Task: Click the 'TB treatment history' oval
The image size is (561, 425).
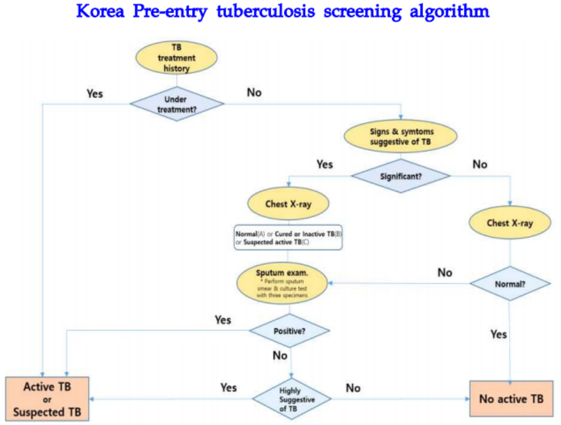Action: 176,57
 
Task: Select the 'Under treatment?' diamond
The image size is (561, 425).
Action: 176,104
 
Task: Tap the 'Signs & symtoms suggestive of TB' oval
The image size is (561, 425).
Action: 401,137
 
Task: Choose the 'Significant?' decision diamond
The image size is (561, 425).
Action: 401,175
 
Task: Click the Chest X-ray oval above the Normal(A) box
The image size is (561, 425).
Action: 288,204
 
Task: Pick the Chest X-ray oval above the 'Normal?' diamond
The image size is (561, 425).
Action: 510,223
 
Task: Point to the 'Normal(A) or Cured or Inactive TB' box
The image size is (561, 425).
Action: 288,238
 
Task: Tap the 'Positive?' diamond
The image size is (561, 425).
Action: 289,331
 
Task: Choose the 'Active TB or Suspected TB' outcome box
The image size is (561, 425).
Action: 48,399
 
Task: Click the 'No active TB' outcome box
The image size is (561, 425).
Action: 511,399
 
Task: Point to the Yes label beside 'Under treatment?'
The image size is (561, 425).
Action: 95,94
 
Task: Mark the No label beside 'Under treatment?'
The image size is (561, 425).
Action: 254,92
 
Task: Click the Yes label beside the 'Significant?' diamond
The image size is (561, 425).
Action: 324,164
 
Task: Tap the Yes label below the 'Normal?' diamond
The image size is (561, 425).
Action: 498,334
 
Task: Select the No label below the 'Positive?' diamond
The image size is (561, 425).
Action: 280,356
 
